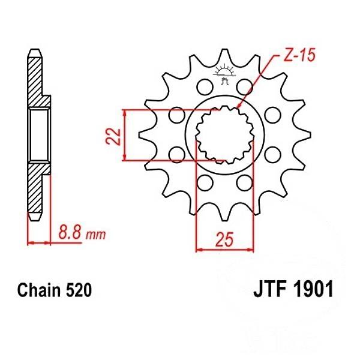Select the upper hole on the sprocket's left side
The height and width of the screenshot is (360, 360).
tap(177, 114)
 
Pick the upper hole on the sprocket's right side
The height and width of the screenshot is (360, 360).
tap(271, 114)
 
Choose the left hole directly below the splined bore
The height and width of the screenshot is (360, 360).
tap(205, 182)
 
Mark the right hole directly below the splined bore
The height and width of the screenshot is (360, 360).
tap(244, 182)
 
